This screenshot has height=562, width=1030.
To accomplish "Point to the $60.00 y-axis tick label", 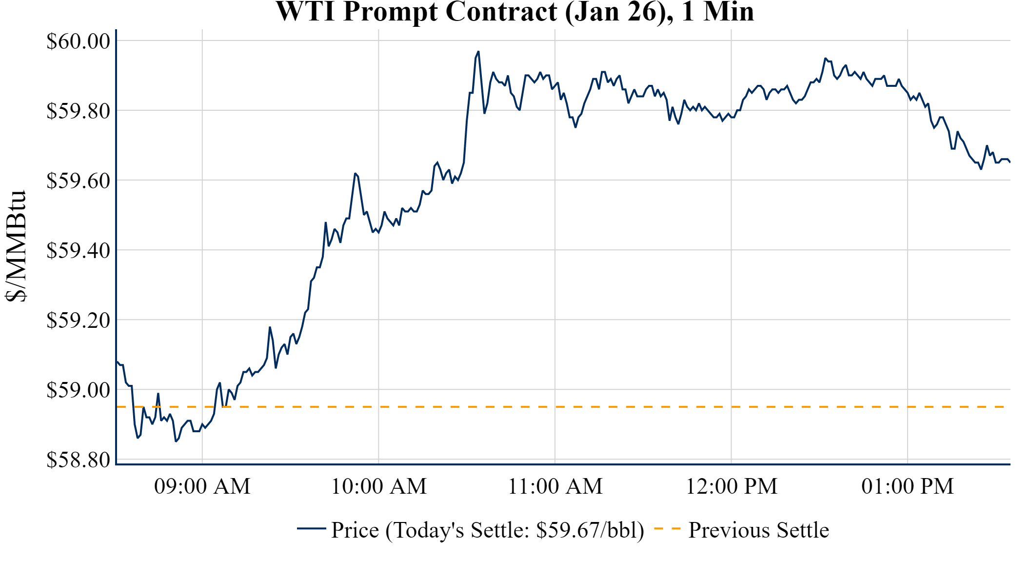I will click(79, 41).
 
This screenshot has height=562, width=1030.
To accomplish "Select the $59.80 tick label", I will click(79, 111).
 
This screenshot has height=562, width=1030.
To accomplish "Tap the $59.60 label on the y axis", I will click(79, 181).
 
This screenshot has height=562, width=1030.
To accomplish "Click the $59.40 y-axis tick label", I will click(79, 251).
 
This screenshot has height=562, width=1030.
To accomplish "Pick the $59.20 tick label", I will click(79, 321).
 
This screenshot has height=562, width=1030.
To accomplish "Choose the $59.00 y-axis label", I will click(79, 390).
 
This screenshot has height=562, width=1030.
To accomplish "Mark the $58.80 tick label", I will click(79, 460).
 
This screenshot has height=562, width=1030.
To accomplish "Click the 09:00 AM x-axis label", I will click(202, 486).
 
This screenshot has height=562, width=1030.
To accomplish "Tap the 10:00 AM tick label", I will click(379, 486).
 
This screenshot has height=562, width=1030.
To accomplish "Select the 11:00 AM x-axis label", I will click(555, 486).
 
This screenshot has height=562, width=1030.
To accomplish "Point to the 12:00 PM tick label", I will click(732, 486).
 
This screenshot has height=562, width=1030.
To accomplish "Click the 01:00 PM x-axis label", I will click(908, 486).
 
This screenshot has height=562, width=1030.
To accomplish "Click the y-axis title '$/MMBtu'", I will click(16, 246).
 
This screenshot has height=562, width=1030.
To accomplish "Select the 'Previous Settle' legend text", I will click(758, 530).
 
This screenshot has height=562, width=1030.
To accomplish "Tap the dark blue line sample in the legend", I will click(311, 528).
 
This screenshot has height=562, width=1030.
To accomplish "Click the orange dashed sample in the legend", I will click(667, 528).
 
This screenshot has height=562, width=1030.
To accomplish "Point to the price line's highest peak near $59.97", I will click(478, 52).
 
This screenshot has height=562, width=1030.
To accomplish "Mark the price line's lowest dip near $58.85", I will click(176, 441).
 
